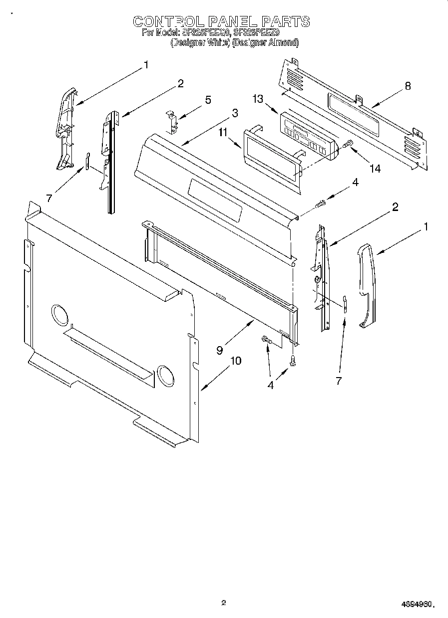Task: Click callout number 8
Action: (x=408, y=86)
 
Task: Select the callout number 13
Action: (x=258, y=99)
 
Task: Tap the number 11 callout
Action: (x=223, y=132)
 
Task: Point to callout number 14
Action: (x=374, y=169)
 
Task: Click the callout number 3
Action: (x=234, y=113)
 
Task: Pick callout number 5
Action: (x=208, y=100)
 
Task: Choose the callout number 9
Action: (x=220, y=350)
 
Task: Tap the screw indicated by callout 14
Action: (x=349, y=144)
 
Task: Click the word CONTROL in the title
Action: (x=169, y=21)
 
